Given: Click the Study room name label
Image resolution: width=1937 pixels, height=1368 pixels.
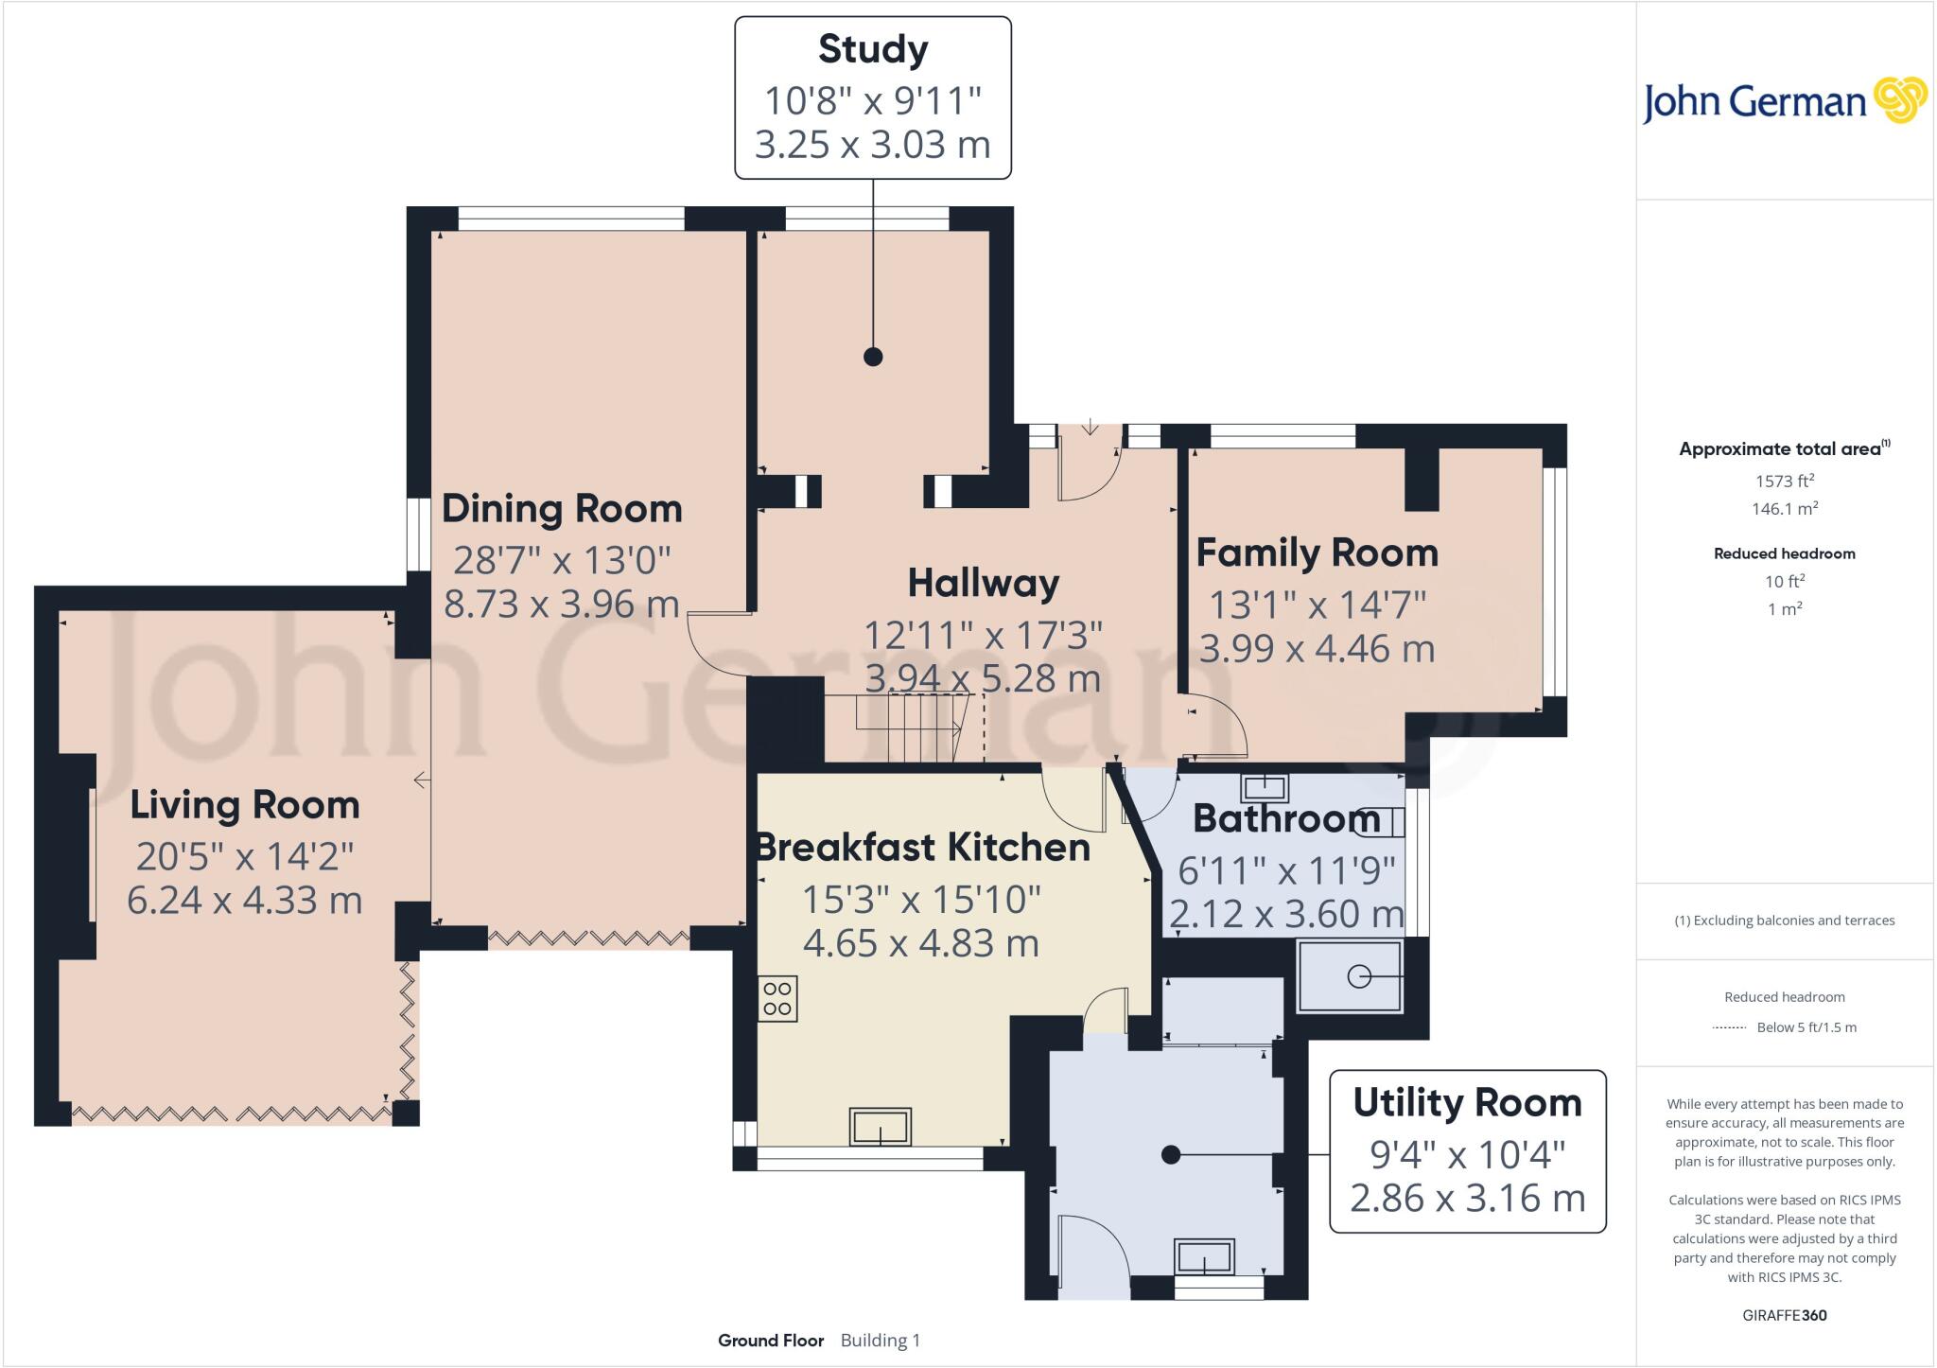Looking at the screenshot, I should tap(872, 49).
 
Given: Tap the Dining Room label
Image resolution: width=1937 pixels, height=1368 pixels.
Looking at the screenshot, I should tap(562, 509).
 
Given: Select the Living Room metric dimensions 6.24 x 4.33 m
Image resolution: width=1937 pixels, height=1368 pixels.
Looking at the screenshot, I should tap(245, 900).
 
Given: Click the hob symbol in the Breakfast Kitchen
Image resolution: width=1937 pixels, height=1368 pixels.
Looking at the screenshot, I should tap(777, 999).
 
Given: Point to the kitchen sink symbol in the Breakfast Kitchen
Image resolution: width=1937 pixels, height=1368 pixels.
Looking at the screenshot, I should tap(880, 1127).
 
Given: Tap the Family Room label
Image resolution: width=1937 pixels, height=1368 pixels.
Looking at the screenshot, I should tap(1317, 552).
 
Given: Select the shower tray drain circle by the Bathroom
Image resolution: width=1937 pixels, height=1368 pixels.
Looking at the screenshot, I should tap(1358, 976).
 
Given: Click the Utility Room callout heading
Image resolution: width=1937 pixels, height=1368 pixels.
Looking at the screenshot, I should tap(1467, 1103).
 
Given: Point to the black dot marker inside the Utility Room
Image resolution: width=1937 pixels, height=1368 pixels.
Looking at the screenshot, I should tap(1171, 1154).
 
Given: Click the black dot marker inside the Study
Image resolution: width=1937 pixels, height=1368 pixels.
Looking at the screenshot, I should tap(873, 357).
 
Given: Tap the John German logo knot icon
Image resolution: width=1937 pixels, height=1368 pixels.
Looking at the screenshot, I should tap(1900, 100).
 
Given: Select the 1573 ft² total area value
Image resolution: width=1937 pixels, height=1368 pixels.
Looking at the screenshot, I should tap(1784, 481).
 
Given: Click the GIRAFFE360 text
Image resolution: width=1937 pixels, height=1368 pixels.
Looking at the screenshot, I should tap(1784, 1315).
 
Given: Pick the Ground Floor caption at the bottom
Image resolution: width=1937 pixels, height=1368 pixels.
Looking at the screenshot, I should tap(771, 1341).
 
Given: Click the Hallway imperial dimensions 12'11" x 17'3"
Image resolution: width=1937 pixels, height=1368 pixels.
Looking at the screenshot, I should tap(983, 635).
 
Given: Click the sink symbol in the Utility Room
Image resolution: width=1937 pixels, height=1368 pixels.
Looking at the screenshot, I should tap(1204, 1257).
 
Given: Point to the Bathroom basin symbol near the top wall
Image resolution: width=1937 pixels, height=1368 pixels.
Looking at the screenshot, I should tap(1265, 787).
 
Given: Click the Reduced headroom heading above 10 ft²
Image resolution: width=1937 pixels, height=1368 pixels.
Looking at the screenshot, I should tap(1784, 553).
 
